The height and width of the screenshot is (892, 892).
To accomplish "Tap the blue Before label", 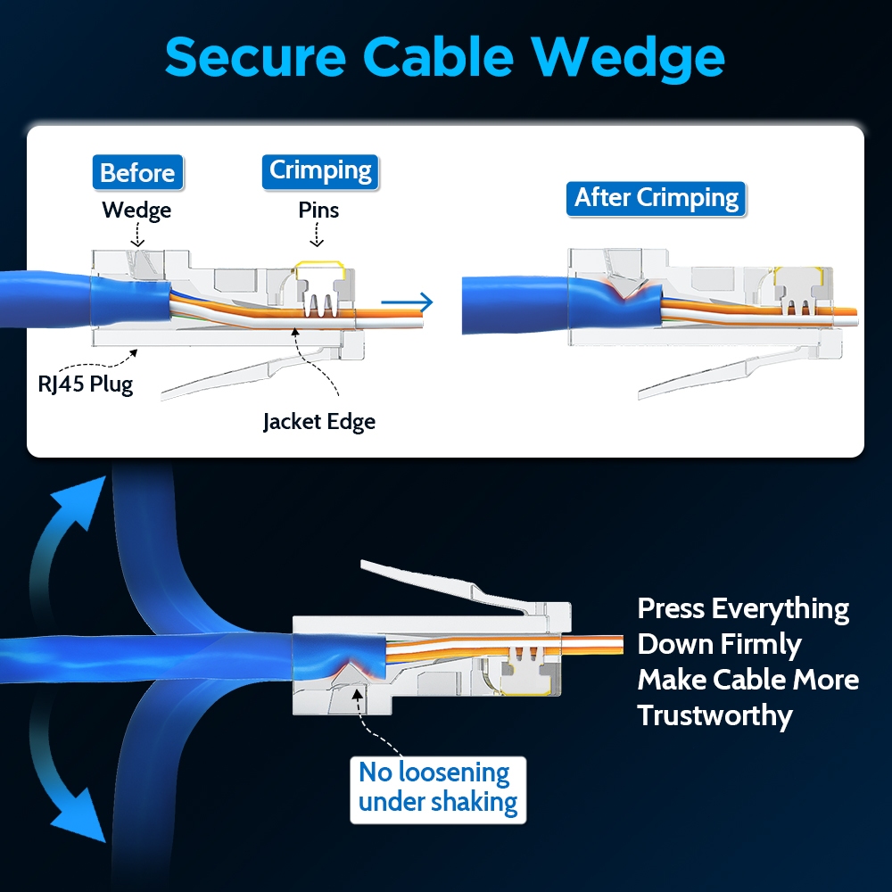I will coord(137,172).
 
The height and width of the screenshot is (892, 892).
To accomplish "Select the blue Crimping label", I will coord(320,169).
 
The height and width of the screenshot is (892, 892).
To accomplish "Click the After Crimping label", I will coord(656,198).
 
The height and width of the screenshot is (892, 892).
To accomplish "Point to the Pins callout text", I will coord(318,211).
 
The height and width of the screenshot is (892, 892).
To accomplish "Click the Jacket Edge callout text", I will coord(318,421).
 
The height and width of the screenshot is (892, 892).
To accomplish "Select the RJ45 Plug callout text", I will coord(85,385).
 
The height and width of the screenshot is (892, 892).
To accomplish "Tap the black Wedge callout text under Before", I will coord(136,211).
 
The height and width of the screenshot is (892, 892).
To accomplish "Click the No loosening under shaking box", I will coord(437,788).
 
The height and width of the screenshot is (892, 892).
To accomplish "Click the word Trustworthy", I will coord(714,715).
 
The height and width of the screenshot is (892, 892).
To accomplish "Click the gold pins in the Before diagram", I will coord(320,295).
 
